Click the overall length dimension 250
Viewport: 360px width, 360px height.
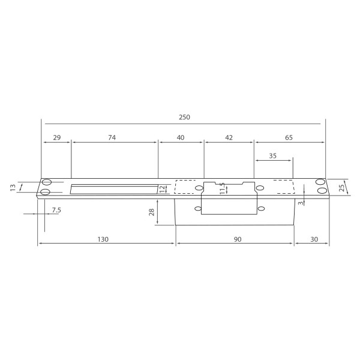184,117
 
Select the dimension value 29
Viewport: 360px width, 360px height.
57,137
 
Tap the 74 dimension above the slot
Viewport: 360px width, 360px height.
112,137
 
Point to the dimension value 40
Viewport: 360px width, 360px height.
181,137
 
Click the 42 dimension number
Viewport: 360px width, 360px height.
229,137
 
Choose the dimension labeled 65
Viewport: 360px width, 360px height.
289,137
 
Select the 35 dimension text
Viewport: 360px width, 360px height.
273,155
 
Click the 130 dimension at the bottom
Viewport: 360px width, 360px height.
103,239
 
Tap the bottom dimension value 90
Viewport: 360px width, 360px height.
237,239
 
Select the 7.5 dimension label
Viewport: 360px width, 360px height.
56,209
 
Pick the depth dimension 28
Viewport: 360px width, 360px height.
152,211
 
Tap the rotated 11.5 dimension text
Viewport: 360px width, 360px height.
221,189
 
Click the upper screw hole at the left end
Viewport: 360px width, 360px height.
46,182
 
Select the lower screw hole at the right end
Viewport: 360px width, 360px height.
322,191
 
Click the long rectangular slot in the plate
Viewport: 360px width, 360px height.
114,190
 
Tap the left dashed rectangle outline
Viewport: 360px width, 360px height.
185,187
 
